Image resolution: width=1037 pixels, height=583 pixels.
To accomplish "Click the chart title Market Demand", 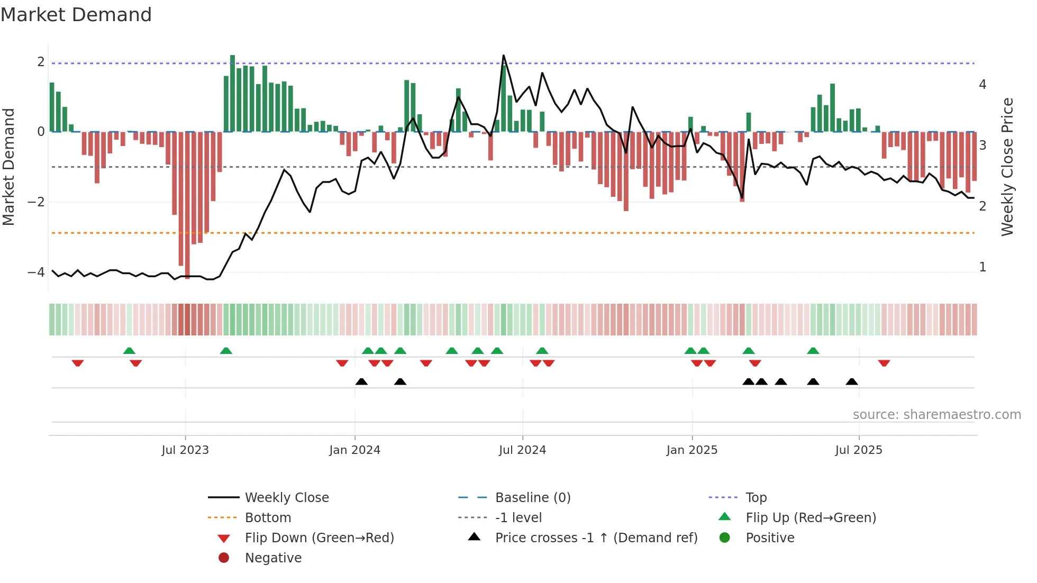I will (76, 15).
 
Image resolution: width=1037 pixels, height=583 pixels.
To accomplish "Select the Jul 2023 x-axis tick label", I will (185, 450).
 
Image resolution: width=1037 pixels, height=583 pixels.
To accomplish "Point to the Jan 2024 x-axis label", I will (354, 450).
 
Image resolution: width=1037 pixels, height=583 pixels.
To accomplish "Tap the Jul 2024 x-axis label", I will (522, 450).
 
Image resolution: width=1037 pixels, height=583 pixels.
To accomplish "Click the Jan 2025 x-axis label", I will (692, 450).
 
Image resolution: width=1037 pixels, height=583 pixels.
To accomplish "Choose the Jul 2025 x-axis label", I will (859, 450).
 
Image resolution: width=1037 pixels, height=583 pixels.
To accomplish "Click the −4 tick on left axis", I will (36, 272).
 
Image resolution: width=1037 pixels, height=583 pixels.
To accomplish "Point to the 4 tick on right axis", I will (983, 85).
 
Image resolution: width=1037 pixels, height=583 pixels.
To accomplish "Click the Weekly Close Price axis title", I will (1007, 167).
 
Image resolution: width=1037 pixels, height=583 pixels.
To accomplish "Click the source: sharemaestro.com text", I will (936, 415).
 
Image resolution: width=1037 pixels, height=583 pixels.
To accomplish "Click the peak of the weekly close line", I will (503, 56).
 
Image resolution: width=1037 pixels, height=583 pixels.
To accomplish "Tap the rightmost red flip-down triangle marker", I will (884, 363).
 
